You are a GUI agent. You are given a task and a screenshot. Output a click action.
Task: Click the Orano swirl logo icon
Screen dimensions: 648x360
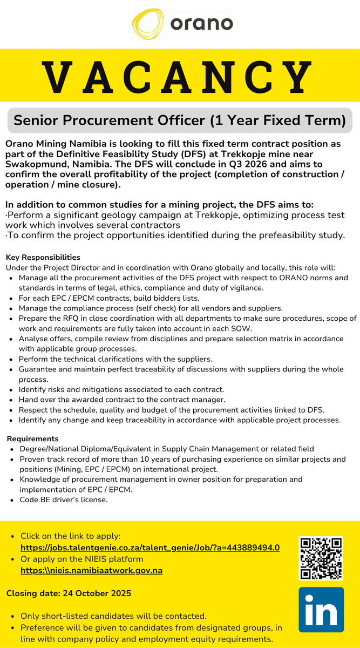coord(149,24)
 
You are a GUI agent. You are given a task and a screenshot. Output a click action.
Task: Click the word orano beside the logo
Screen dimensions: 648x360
coord(201,24)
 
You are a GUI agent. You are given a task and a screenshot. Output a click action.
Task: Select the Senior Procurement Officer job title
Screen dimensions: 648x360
coord(180,120)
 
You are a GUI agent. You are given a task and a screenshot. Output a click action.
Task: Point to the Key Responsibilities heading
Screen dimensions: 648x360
coord(43,257)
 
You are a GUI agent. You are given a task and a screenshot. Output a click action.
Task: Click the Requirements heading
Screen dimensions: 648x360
coord(32,438)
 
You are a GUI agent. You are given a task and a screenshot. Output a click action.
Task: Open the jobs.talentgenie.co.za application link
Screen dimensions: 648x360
coord(150,547)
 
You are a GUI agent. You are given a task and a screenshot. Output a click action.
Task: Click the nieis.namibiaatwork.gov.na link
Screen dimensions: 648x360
coord(91,570)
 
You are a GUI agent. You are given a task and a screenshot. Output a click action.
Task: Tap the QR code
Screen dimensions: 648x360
coord(321,558)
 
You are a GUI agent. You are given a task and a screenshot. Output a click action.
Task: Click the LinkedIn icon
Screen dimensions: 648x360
coord(321,610)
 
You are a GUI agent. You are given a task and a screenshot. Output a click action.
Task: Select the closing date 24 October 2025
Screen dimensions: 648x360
coord(69,593)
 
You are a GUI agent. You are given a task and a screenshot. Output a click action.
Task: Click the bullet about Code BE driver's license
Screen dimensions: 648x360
coord(64,500)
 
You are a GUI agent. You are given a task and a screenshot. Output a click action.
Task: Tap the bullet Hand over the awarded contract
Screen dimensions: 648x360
coord(122,400)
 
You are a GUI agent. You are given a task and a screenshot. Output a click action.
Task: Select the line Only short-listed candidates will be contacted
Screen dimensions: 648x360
coord(113,616)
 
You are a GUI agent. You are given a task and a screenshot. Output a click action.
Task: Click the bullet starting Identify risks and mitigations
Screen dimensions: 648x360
coord(121,389)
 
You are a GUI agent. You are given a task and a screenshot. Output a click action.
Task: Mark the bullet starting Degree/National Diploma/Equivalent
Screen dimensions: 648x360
coord(167,449)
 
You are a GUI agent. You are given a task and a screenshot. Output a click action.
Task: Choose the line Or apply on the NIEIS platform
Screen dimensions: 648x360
coord(82,559)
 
